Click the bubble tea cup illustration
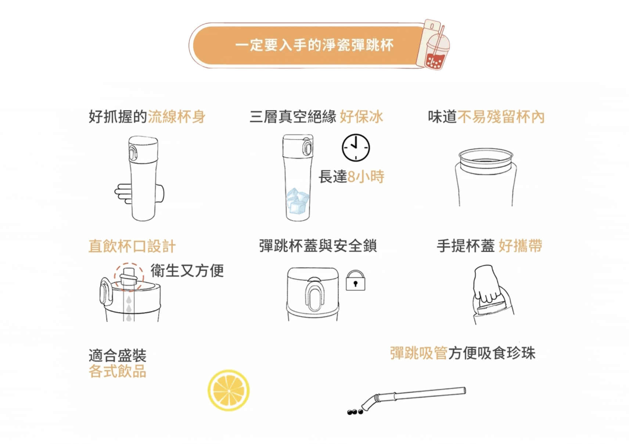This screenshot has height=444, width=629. pyautogui.click(x=434, y=45)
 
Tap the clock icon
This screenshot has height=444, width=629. pyautogui.click(x=356, y=148)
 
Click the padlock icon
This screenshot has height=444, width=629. pyautogui.click(x=356, y=280)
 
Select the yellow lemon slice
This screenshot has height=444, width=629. pyautogui.click(x=229, y=390)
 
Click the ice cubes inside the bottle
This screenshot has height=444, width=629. pyautogui.click(x=298, y=201)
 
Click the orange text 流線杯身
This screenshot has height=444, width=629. pyautogui.click(x=177, y=117)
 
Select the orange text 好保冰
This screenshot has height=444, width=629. pyautogui.click(x=362, y=117)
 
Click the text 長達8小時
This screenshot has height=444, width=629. pyautogui.click(x=351, y=177)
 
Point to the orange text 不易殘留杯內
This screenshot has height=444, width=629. pyautogui.click(x=501, y=117)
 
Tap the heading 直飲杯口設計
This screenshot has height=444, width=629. pyautogui.click(x=132, y=246)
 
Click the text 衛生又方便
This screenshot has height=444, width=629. pyautogui.click(x=187, y=271)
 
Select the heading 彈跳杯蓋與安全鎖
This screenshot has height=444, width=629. pyautogui.click(x=318, y=246)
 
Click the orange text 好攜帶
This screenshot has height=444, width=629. pyautogui.click(x=520, y=246)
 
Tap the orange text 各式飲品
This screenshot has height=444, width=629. pyautogui.click(x=117, y=371)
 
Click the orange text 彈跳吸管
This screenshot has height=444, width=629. pyautogui.click(x=419, y=353)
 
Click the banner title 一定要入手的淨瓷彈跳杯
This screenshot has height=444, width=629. pyautogui.click(x=314, y=45)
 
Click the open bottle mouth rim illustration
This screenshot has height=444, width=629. pyautogui.click(x=486, y=154)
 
